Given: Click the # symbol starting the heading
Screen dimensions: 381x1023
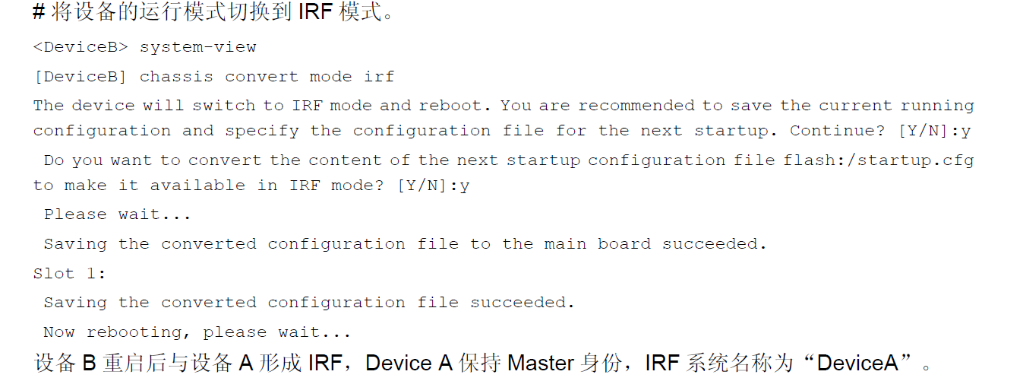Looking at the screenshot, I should point(39,12).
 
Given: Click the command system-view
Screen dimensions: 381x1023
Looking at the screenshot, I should point(198,47).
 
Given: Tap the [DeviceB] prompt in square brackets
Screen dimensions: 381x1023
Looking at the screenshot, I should point(81,77).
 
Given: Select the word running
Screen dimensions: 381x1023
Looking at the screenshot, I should point(937,106).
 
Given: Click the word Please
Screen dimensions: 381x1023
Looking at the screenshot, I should point(75,214).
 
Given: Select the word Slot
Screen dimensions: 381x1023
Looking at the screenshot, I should point(54,274).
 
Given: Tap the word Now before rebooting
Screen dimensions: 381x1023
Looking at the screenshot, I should point(59,332).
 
